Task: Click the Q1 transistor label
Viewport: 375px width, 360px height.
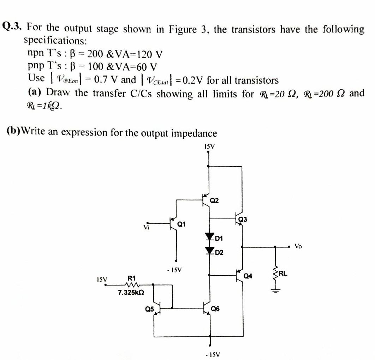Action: click(x=182, y=223)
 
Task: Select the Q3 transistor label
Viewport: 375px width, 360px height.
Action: click(x=243, y=220)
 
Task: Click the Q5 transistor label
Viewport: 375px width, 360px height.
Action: click(x=150, y=309)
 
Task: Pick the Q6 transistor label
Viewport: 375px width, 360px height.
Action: click(x=215, y=309)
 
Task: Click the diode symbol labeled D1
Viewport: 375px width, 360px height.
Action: click(x=211, y=236)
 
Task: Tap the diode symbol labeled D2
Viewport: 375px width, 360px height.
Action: click(x=211, y=250)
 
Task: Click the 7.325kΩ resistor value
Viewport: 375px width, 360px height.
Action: click(x=131, y=293)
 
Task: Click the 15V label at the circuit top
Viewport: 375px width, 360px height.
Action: click(x=210, y=146)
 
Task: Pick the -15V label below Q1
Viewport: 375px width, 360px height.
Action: click(x=173, y=270)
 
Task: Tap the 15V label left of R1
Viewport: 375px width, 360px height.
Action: click(x=102, y=280)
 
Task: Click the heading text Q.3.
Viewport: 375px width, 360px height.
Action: click(x=13, y=26)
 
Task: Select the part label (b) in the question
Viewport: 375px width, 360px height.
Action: click(x=13, y=132)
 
